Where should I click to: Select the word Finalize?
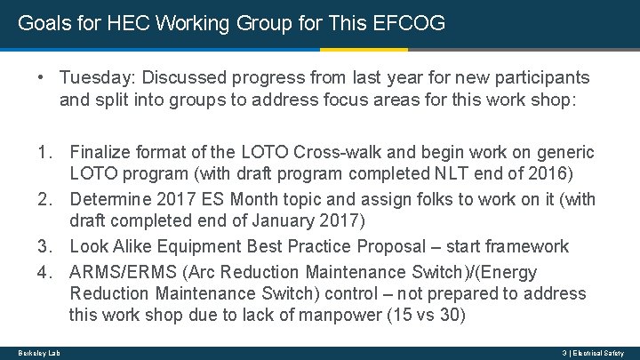coord(102,151)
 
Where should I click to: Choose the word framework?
coord(529,246)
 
